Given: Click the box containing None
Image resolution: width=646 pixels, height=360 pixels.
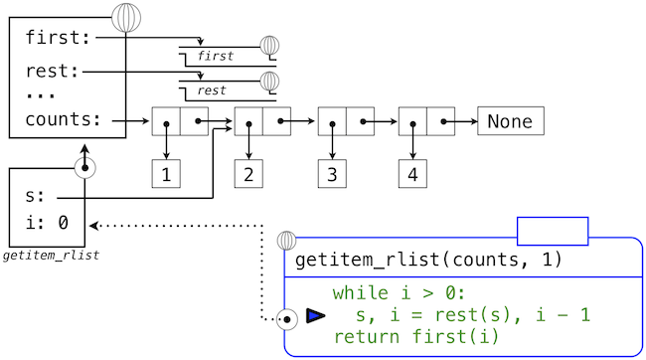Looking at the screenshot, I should [x=510, y=121].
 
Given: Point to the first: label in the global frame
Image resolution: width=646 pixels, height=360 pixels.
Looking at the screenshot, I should [x=59, y=38].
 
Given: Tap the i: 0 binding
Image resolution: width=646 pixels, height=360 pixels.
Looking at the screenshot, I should [x=46, y=222].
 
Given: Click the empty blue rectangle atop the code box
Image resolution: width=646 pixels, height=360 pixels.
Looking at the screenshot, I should [x=553, y=231].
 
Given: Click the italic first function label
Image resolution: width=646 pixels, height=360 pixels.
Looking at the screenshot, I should [x=216, y=57].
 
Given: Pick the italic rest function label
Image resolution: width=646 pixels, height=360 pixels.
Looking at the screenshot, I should [x=212, y=90].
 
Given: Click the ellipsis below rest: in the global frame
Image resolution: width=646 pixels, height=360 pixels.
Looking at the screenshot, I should [x=40, y=95].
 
